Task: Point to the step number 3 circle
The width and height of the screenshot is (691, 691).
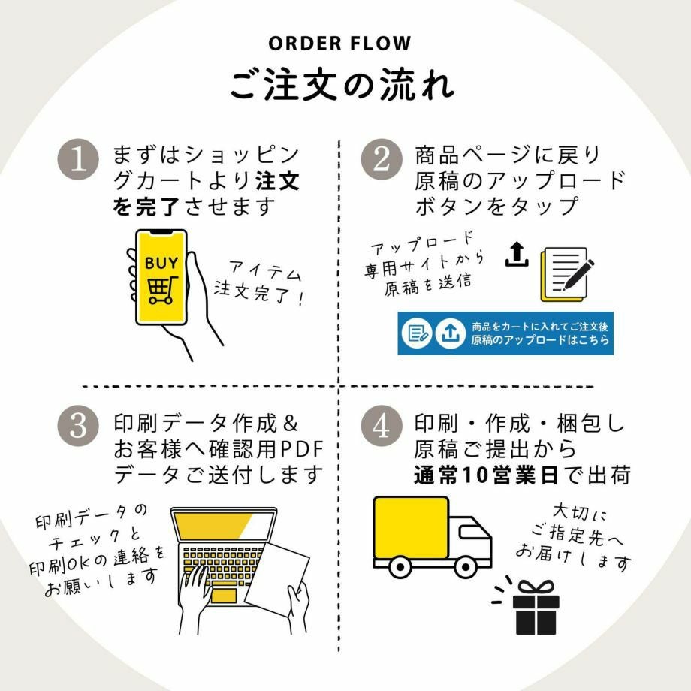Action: [78, 426]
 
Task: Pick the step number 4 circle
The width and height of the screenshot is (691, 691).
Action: [380, 426]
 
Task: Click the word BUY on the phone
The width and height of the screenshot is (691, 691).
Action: [161, 263]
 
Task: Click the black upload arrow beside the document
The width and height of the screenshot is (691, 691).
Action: [516, 255]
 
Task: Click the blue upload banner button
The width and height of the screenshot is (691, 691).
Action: [505, 333]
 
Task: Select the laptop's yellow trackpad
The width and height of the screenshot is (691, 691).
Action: [223, 595]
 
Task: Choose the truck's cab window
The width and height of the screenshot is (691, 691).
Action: [471, 533]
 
